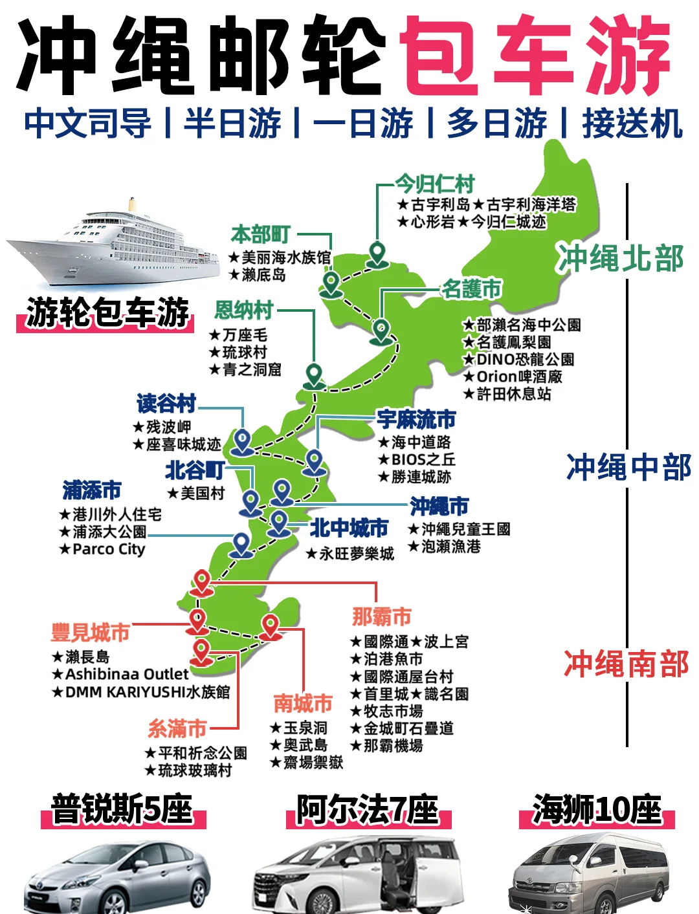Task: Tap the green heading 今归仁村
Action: pos(435,184)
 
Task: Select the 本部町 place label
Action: pos(260,234)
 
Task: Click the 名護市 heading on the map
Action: pos(472,288)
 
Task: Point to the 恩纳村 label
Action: pos(244,310)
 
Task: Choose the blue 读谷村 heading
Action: pos(166,404)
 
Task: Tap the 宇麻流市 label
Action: pos(417,419)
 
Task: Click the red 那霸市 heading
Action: pos(382,616)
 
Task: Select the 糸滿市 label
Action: pos(177,729)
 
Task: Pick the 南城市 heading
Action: pos(303,703)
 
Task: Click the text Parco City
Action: pos(109,549)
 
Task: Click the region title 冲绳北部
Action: pos(621,259)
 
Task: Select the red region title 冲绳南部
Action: pos(626,664)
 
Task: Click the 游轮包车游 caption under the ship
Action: pos(107,314)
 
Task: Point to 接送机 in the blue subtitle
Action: pos(632,124)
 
